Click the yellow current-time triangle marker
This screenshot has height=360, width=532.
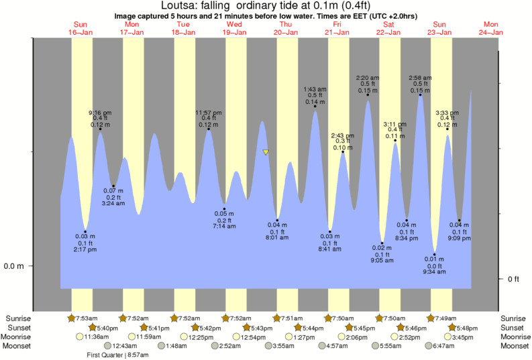tap(266, 152)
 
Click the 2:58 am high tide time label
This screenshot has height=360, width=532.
tap(420, 78)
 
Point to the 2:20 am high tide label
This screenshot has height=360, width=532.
tap(368, 78)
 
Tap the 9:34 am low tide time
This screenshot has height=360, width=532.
tap(435, 272)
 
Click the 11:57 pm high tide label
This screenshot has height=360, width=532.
tap(208, 113)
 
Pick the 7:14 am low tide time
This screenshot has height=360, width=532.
tap(225, 227)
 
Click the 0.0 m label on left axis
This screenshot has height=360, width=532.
tap(15, 266)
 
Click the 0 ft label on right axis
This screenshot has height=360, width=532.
tap(513, 278)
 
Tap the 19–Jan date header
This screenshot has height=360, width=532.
tap(234, 32)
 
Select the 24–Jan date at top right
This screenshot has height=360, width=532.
tap(491, 32)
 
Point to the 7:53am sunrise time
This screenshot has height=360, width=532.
tap(86, 318)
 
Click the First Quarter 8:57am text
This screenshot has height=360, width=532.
tap(117, 355)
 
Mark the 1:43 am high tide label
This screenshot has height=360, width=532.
tap(315, 89)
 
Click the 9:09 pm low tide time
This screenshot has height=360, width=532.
tap(459, 238)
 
